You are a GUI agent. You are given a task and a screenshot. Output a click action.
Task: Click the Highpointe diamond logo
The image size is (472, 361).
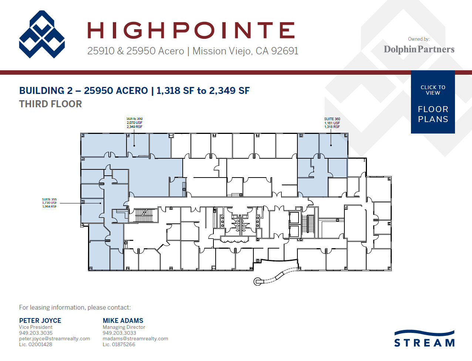[x=42, y=34]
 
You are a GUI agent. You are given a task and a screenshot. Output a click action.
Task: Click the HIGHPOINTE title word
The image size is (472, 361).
[x=191, y=30]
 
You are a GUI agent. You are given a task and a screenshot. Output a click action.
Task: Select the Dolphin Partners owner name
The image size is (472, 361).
[x=419, y=49]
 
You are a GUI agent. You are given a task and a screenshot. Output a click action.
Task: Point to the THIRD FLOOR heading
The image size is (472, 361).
[x=50, y=104]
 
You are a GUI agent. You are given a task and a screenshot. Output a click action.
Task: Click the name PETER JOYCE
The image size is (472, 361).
[x=40, y=321]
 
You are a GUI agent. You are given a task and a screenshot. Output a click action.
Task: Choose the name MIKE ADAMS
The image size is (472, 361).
[x=123, y=321]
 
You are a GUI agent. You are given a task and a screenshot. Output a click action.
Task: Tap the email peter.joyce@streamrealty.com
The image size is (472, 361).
[x=54, y=338]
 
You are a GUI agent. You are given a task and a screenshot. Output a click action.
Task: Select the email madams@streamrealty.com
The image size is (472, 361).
[x=135, y=338]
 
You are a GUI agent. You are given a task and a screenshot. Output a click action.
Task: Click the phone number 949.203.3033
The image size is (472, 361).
[x=119, y=333]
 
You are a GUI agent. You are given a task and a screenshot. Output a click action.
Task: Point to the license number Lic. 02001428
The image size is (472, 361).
[x=36, y=344]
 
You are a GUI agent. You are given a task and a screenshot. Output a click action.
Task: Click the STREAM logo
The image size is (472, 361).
[x=424, y=339]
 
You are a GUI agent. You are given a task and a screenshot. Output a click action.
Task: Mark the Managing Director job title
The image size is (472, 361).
[x=124, y=327]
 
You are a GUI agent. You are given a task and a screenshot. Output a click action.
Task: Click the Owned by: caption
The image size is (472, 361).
[x=419, y=39]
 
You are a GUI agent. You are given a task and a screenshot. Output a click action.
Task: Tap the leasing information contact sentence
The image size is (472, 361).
[x=75, y=307]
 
